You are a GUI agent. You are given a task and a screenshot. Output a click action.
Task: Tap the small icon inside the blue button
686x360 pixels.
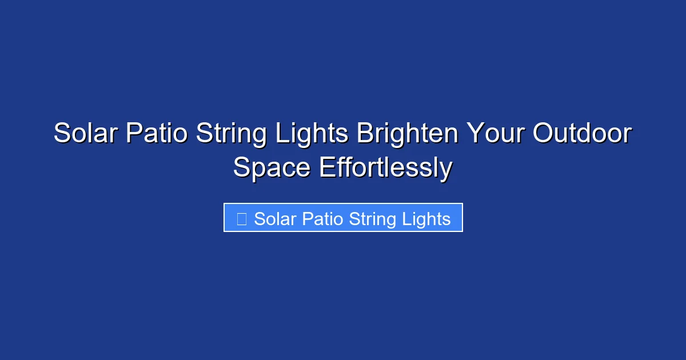tap(241, 219)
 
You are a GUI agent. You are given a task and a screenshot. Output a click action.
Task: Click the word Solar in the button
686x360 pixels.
tap(274, 219)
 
